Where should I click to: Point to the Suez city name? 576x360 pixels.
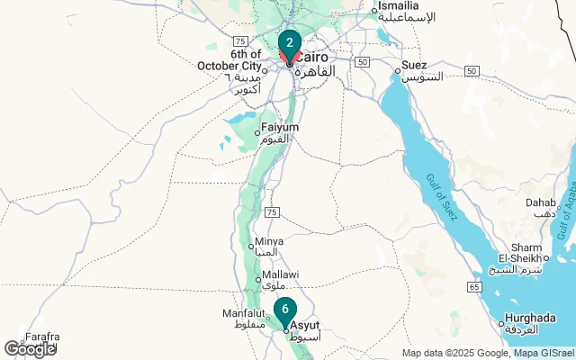[414, 65]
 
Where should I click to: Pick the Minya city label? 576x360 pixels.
[270, 241]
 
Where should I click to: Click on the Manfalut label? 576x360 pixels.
[243, 313]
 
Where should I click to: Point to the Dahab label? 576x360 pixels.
[540, 203]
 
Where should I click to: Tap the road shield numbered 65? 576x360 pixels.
[474, 286]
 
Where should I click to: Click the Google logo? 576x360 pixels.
[30, 349]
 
